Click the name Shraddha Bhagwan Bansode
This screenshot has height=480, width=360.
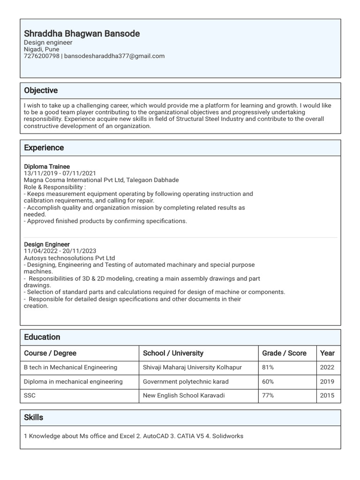pos(82,34)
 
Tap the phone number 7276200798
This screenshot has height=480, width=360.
pos(42,56)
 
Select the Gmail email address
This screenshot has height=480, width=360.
pos(114,56)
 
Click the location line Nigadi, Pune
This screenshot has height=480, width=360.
pos(42,49)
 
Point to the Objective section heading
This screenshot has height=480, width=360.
pos(41,90)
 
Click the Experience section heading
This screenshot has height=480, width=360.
pos(44,148)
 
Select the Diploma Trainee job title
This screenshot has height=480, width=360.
pos(47,166)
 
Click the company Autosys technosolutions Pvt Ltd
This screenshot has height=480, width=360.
pos(69,258)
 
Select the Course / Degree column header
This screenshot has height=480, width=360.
pos(50,353)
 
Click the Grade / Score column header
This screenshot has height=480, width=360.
pos(284,353)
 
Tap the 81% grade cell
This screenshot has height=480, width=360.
pos(268,367)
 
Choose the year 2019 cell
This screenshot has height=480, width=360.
pos(327,382)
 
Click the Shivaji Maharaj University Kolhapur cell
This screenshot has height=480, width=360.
pos(192,367)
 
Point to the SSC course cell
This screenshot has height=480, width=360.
pos(30,396)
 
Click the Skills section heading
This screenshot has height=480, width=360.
pos(34,417)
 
